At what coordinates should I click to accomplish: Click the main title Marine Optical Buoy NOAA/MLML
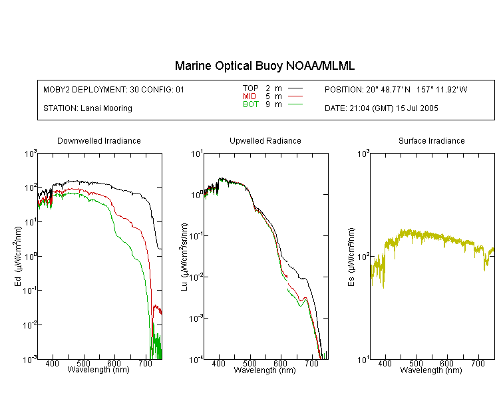click(x=265, y=66)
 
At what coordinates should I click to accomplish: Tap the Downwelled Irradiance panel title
click(x=99, y=140)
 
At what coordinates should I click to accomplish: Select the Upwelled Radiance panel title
click(x=265, y=140)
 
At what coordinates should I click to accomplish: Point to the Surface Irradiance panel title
click(x=432, y=140)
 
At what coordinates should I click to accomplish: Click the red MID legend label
click(x=249, y=96)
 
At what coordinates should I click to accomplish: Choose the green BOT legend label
click(x=251, y=104)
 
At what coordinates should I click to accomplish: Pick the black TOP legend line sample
click(x=295, y=88)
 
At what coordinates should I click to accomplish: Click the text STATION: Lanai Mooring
click(x=88, y=108)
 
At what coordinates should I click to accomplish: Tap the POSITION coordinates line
click(x=396, y=89)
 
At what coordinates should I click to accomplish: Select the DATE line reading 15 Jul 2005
click(x=381, y=108)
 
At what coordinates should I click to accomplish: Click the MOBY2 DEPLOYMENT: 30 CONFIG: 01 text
click(x=114, y=89)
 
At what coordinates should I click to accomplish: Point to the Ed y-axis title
click(x=18, y=256)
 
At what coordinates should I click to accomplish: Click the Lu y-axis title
click(x=184, y=257)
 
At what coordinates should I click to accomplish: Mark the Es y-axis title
click(x=351, y=257)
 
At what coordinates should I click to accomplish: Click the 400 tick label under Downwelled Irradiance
click(x=52, y=363)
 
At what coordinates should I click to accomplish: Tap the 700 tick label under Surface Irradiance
click(x=478, y=363)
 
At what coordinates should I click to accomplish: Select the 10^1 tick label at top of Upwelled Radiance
click(x=197, y=154)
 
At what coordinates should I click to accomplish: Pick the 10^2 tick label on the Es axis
click(x=363, y=257)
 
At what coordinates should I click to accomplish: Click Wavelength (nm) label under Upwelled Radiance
click(x=265, y=370)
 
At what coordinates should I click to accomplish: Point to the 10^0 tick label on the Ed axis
click(x=31, y=257)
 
